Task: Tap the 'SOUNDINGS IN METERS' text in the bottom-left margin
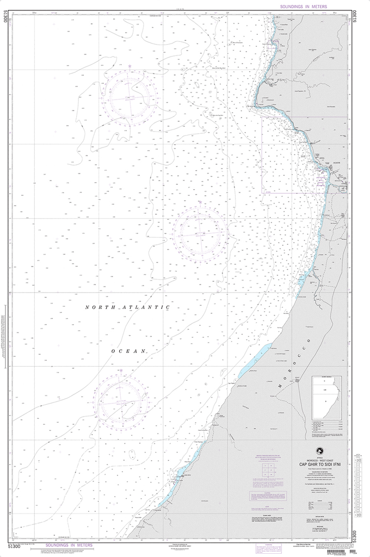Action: pos(69,544)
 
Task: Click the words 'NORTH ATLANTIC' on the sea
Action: pos(128,308)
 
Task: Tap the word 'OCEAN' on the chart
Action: pos(128,351)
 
